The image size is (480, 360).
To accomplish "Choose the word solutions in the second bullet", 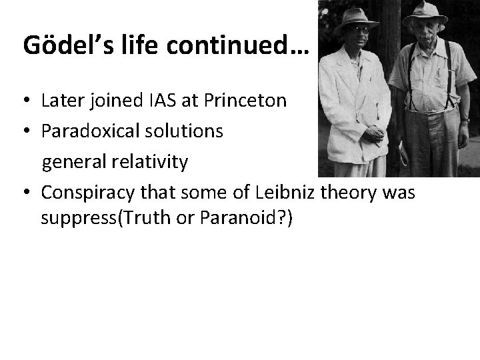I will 185,131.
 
